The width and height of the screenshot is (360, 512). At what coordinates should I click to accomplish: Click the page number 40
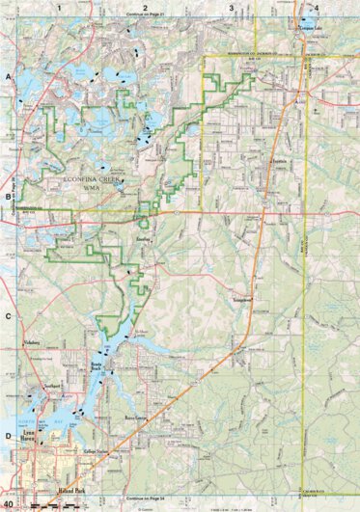9,503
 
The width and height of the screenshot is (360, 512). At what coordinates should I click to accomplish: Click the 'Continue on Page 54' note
145,497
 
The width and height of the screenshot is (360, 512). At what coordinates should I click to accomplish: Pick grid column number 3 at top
231,7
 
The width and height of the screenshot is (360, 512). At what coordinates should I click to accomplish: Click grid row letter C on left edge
8,316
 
